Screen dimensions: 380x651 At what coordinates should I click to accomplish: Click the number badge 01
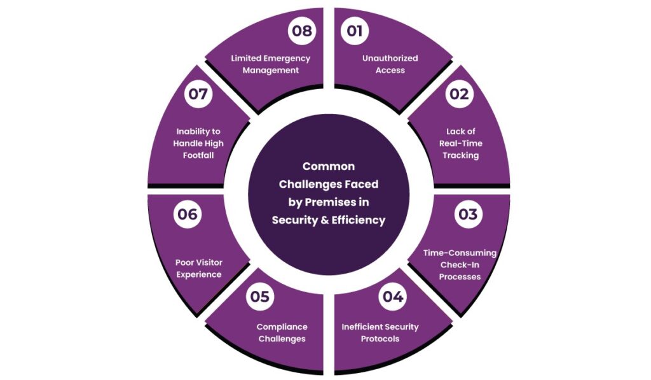354,31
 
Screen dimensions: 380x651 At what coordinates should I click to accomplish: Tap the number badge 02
459,94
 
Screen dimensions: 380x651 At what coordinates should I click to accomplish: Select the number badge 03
467,214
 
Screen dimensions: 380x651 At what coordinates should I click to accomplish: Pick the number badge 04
392,297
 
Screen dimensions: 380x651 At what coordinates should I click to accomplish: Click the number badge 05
259,297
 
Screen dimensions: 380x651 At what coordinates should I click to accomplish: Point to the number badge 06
187,215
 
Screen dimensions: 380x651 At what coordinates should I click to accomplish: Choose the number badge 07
198,94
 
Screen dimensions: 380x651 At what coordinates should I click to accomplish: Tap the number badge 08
301,31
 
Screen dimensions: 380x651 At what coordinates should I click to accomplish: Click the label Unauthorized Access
390,64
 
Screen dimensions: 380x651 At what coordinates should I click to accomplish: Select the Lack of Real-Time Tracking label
461,143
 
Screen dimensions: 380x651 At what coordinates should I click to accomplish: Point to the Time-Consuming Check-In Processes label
460,265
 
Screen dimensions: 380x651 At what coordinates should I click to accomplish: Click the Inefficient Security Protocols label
380,332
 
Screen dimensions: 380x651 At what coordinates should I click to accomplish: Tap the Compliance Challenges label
282,332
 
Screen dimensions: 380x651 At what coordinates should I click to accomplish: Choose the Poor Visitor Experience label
198,268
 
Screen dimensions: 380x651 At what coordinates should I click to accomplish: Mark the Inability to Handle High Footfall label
198,143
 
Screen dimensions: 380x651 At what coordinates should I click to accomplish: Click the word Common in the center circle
328,166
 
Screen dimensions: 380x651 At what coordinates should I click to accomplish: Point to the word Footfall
198,155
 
